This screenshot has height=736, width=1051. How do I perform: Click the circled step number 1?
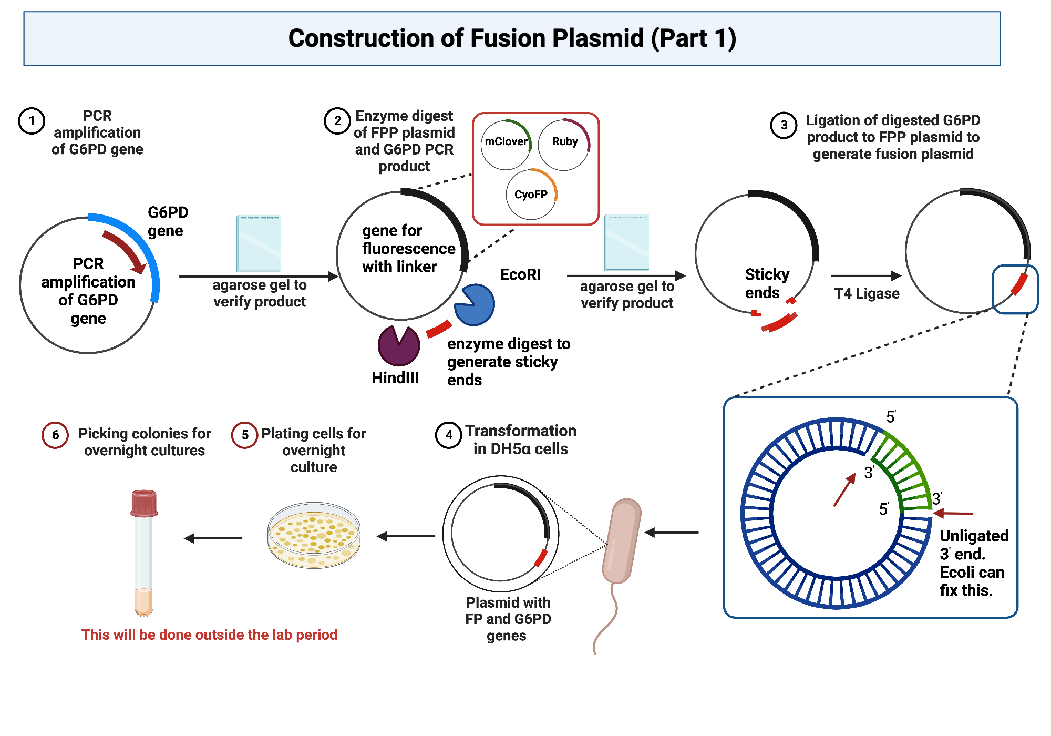[32, 121]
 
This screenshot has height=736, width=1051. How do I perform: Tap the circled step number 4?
[448, 435]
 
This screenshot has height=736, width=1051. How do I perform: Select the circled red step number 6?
[55, 435]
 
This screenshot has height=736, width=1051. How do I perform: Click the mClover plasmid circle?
[506, 145]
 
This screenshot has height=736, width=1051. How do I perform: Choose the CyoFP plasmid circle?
[531, 195]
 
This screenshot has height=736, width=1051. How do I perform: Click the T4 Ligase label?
[867, 293]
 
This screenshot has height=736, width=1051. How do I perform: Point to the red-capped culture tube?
[143, 552]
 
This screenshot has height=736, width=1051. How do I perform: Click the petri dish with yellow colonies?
[314, 535]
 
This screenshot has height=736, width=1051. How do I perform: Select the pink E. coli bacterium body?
[622, 541]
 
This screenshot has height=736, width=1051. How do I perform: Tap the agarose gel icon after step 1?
[259, 243]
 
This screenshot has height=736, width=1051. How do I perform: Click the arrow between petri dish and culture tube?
[213, 538]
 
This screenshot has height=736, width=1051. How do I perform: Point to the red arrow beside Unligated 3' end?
[953, 513]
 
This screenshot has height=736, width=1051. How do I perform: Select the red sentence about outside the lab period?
[209, 635]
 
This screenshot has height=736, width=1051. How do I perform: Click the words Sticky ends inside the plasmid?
[766, 283]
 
